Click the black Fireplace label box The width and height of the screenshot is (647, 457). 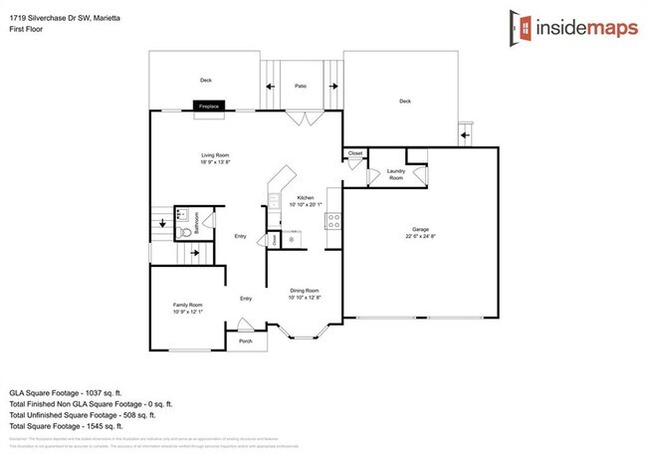[209, 106]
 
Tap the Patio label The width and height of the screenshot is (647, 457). [300, 87]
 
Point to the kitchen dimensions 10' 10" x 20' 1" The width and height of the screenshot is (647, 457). [306, 204]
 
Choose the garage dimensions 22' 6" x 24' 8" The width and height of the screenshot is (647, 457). [419, 236]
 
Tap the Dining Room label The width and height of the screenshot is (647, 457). [305, 290]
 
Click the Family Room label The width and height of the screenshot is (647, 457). [186, 306]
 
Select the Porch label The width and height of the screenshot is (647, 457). [245, 342]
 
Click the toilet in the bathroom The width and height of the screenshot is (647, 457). [180, 228]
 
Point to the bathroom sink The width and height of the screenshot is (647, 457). [181, 211]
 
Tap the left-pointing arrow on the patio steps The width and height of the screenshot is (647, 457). [270, 87]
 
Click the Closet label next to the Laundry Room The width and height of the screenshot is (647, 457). [355, 153]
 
